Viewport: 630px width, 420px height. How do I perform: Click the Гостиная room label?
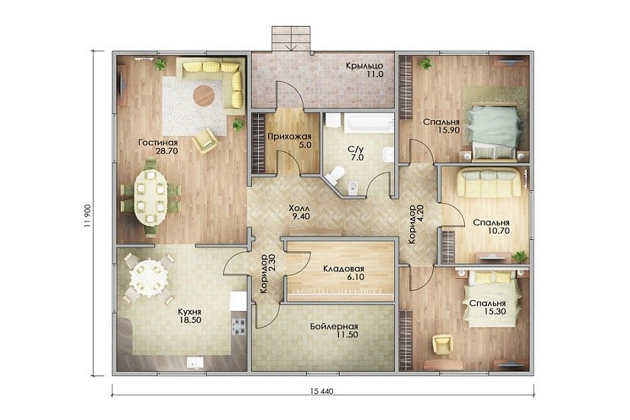point(158,143)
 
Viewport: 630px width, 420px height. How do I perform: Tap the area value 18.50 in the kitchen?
point(190,320)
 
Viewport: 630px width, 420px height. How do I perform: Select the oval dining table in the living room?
point(150,196)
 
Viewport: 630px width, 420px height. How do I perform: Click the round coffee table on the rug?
point(204,95)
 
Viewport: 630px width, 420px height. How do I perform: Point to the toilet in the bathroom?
point(334,173)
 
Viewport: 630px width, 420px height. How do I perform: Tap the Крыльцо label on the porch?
point(364,66)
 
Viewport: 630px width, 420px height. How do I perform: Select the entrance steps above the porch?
point(291,39)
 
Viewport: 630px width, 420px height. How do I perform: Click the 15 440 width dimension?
point(321,391)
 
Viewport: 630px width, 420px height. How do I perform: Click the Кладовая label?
point(344,269)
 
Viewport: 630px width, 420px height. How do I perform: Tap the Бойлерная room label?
point(334,326)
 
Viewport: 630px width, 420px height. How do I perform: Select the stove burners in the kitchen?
point(240,326)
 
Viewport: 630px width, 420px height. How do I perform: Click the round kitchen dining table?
point(148,276)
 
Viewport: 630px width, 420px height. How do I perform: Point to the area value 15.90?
point(449,131)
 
